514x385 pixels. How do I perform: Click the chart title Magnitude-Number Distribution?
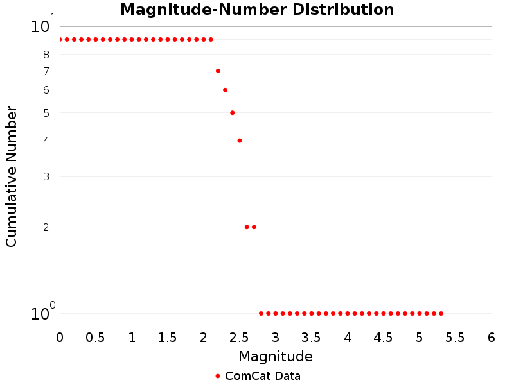point(257,10)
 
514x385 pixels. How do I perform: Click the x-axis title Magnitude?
point(276,356)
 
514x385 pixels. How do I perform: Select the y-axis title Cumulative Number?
point(12,176)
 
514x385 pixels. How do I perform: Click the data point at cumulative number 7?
point(218,71)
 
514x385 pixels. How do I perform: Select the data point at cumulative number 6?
point(225,90)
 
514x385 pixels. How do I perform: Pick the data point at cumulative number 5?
point(232,112)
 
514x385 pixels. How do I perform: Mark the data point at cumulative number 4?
point(240,141)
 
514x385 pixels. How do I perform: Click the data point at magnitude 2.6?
point(247,227)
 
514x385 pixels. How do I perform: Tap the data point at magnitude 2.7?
point(254,227)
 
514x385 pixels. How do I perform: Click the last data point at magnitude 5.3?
point(441,313)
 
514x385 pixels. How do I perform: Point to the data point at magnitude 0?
point(60,39)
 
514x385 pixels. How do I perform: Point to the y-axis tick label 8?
point(46,55)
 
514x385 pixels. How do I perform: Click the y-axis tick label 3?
point(46,176)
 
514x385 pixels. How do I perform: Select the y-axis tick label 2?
point(46,227)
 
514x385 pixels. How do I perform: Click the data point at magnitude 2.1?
point(211,39)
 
